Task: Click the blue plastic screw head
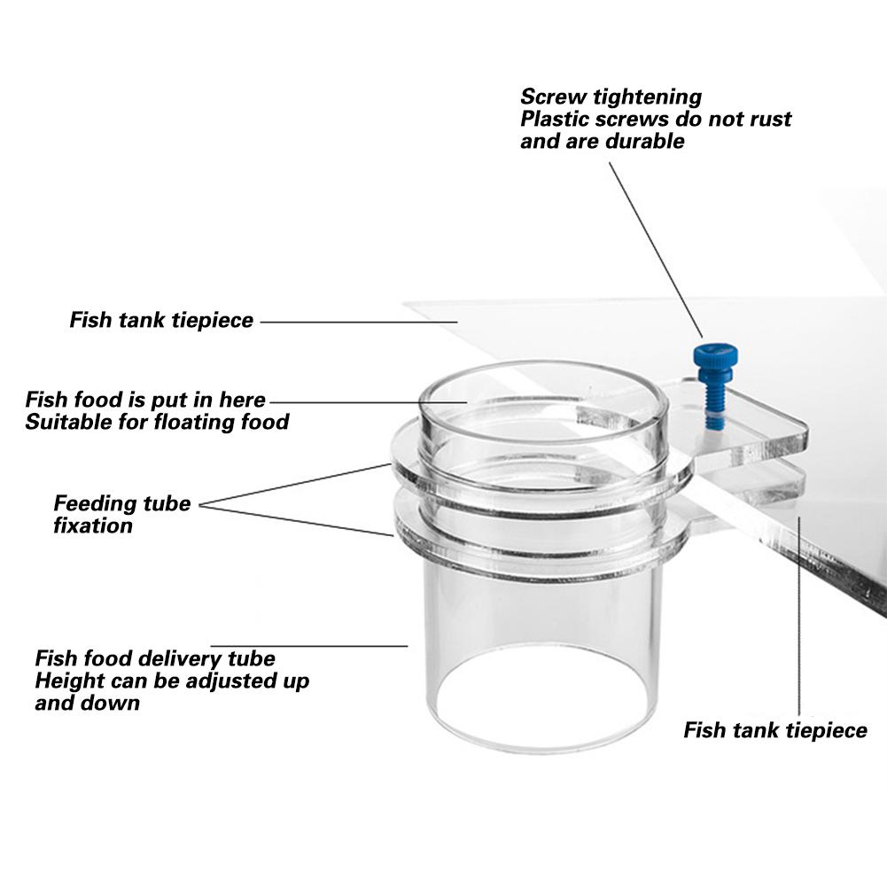pos(715,357)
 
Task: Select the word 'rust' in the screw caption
pos(764,119)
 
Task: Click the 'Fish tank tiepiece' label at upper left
pos(161,320)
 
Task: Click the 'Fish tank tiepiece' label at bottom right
pos(775,731)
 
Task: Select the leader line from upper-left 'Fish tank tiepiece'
pos(359,322)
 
